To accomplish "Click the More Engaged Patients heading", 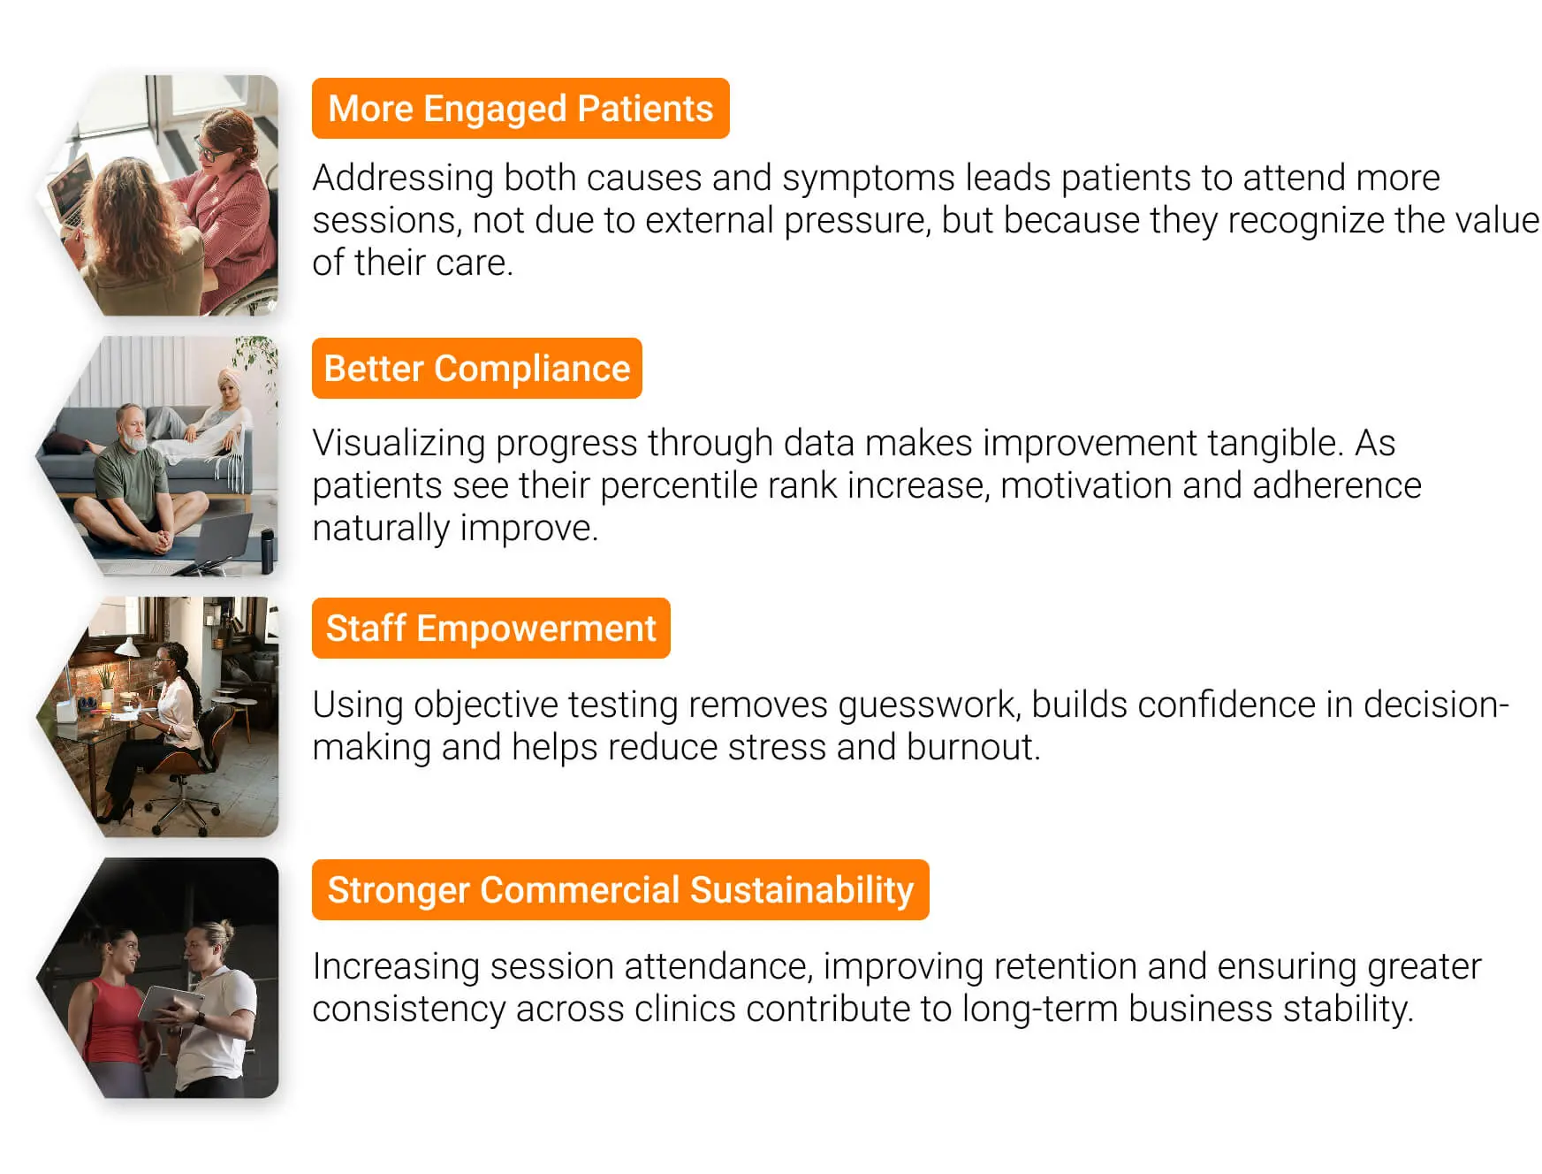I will click(x=520, y=109).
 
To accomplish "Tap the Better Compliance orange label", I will click(x=476, y=369).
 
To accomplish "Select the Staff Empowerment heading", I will click(x=490, y=629).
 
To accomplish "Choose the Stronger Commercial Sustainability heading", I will click(x=619, y=890).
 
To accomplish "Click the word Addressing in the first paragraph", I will click(x=403, y=179).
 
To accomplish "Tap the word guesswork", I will click(x=930, y=705).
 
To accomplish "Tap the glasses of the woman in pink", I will click(x=209, y=150).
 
